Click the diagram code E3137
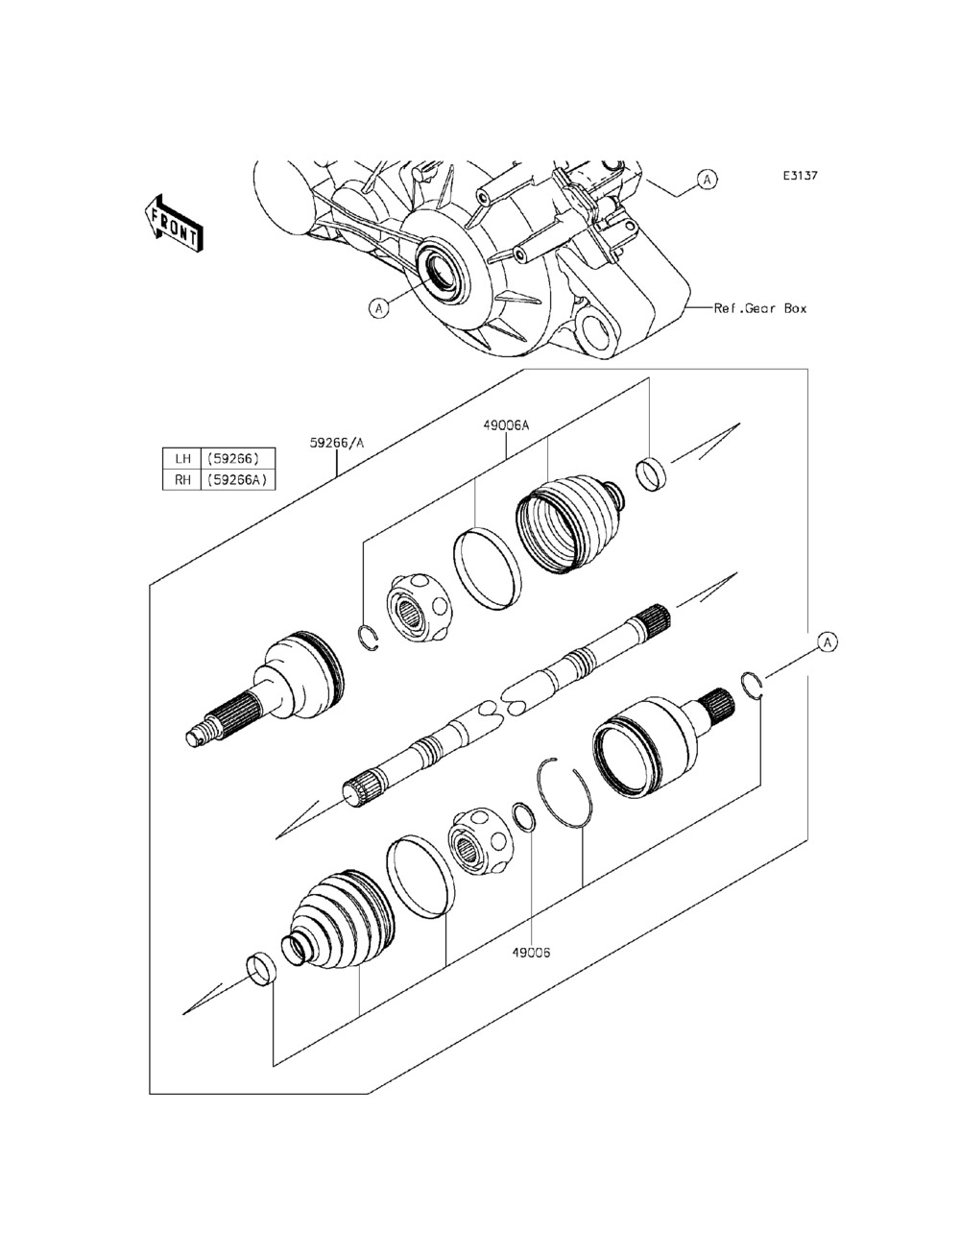tap(799, 177)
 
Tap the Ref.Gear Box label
tap(760, 308)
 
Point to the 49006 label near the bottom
tap(530, 954)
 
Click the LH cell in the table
tap(180, 458)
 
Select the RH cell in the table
tap(180, 480)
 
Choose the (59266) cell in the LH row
tap(233, 458)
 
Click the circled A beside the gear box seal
tap(380, 308)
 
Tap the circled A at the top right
tap(706, 179)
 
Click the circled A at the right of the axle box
tap(826, 641)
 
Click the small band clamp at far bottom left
tap(260, 968)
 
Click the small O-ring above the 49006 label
tap(524, 818)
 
